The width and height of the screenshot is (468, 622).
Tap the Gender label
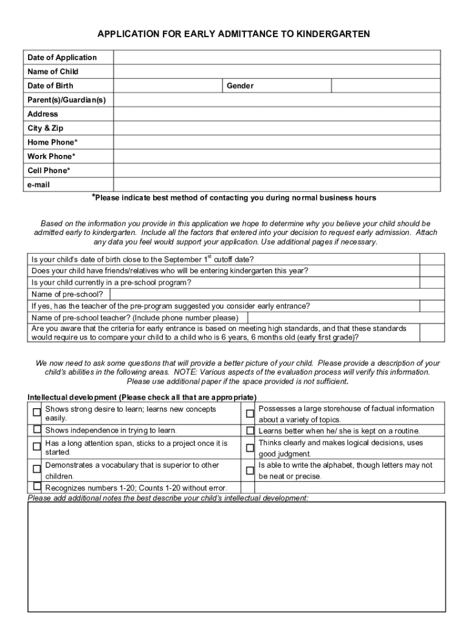[x=240, y=86]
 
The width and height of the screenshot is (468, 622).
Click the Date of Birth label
[x=50, y=86]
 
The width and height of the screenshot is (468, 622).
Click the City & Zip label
[x=46, y=128]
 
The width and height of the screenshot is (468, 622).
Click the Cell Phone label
[x=49, y=171]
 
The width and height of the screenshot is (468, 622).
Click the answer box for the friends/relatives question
[x=432, y=270]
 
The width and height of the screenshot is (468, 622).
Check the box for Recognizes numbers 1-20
[x=37, y=487]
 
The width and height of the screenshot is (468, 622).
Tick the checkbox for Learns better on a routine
[x=250, y=431]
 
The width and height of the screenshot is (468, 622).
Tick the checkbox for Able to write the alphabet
[x=250, y=470]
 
